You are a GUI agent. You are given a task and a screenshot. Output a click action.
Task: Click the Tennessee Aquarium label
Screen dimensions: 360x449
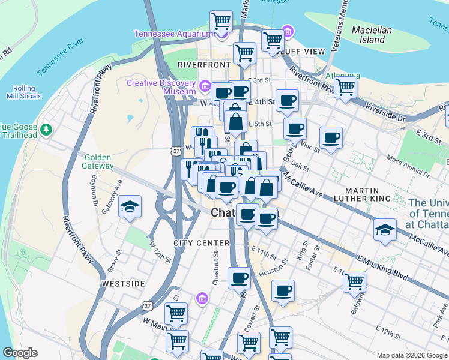[170, 34]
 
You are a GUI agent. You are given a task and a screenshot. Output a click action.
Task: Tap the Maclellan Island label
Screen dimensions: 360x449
[372, 35]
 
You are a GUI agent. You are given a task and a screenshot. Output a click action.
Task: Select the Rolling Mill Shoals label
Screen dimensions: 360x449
[24, 92]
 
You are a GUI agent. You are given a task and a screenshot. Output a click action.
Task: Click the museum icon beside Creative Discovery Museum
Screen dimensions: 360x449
[205, 88]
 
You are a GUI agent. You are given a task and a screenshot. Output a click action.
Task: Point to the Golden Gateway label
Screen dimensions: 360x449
[98, 161]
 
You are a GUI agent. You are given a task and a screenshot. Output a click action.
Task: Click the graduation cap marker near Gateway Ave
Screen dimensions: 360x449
[130, 207]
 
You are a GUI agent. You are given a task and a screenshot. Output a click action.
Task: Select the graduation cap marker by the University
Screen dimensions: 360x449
[384, 229]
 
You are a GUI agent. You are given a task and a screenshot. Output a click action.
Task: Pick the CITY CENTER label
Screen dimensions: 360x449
[202, 243]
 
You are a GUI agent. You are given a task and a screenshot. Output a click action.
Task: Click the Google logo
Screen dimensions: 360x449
[20, 353]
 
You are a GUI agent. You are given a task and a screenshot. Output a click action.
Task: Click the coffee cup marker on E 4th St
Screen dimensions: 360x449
[288, 101]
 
